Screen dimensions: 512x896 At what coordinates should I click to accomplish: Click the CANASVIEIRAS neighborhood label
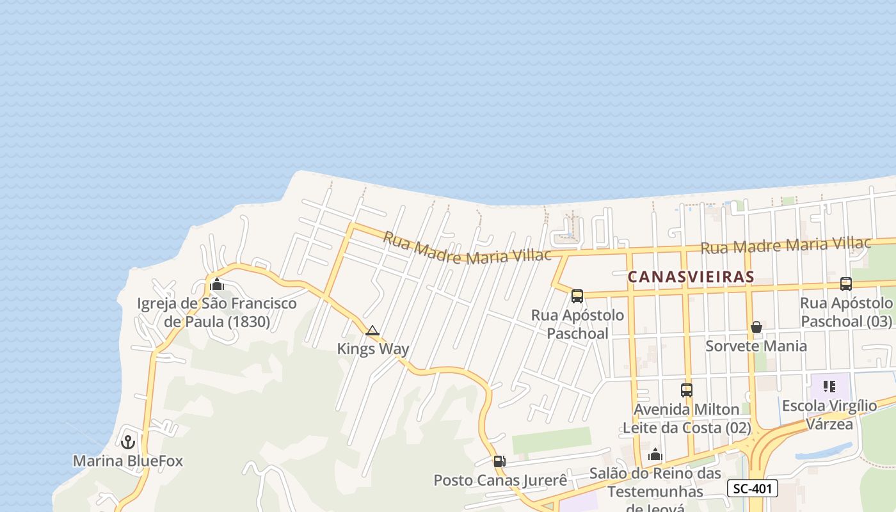pyautogui.click(x=691, y=276)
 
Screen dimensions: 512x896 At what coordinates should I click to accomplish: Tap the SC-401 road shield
pyautogui.click(x=752, y=489)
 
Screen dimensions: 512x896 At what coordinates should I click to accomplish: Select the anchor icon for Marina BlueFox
pyautogui.click(x=128, y=442)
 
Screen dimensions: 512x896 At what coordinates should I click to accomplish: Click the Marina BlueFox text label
pyautogui.click(x=128, y=461)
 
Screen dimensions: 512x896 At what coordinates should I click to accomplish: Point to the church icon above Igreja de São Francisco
pyautogui.click(x=217, y=284)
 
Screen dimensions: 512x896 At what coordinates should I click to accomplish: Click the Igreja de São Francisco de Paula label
pyautogui.click(x=217, y=312)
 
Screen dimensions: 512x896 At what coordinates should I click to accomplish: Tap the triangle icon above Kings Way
pyautogui.click(x=372, y=331)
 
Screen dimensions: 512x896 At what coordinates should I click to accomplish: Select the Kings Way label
pyautogui.click(x=373, y=349)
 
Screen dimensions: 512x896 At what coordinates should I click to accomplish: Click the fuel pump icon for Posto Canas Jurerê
pyautogui.click(x=499, y=461)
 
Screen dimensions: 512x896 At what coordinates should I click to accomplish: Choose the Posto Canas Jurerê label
pyautogui.click(x=500, y=480)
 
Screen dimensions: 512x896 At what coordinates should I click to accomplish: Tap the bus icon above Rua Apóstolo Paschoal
pyautogui.click(x=577, y=296)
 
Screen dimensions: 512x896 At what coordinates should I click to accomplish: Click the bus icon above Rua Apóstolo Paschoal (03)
pyautogui.click(x=845, y=284)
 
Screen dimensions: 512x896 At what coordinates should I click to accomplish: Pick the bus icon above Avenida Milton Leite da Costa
pyautogui.click(x=686, y=390)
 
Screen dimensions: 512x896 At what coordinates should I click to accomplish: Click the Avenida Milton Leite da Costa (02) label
pyautogui.click(x=686, y=418)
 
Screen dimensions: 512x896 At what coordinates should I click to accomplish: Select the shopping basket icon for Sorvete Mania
pyautogui.click(x=756, y=327)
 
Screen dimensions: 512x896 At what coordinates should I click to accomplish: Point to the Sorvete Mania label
pyautogui.click(x=756, y=346)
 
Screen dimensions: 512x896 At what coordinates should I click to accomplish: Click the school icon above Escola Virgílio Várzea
pyautogui.click(x=829, y=386)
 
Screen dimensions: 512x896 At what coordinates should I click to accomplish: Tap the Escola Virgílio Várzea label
pyautogui.click(x=829, y=415)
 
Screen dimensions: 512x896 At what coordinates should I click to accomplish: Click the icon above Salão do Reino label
pyautogui.click(x=655, y=455)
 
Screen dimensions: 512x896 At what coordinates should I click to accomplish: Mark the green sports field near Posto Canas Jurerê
pyautogui.click(x=552, y=440)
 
